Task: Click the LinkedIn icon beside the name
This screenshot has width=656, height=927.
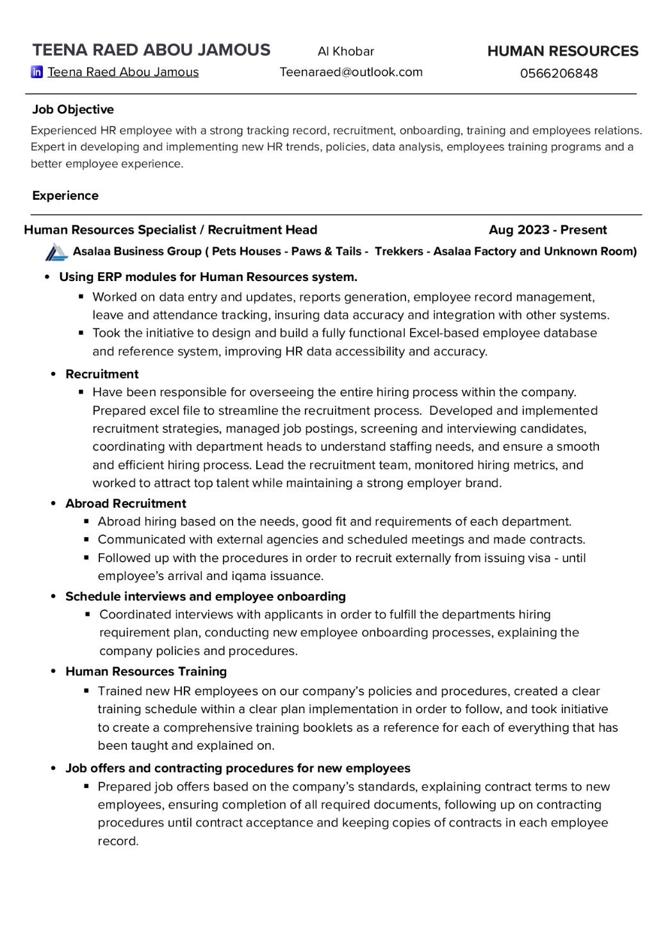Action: [x=37, y=72]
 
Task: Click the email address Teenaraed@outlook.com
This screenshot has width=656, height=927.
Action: [x=351, y=72]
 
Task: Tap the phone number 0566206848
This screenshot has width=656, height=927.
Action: [x=559, y=73]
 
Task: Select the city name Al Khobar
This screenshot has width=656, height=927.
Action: [x=346, y=51]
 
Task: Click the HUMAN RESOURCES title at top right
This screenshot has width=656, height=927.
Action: [x=562, y=51]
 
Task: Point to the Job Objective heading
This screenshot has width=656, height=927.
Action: [x=73, y=109]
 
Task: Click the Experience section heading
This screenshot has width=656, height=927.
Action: [x=65, y=196]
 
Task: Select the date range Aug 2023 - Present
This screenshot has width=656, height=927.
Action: [x=548, y=230]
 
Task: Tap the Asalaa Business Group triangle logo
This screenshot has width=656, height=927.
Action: [x=56, y=252]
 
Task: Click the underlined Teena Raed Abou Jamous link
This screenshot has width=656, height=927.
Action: [x=123, y=72]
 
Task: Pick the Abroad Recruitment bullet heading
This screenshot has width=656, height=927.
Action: [x=126, y=504]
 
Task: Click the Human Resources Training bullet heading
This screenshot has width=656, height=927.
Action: [x=146, y=672]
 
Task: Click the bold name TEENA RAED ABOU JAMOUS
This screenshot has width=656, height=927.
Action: [x=151, y=50]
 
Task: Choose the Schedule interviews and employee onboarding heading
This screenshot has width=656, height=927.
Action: [x=205, y=597]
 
